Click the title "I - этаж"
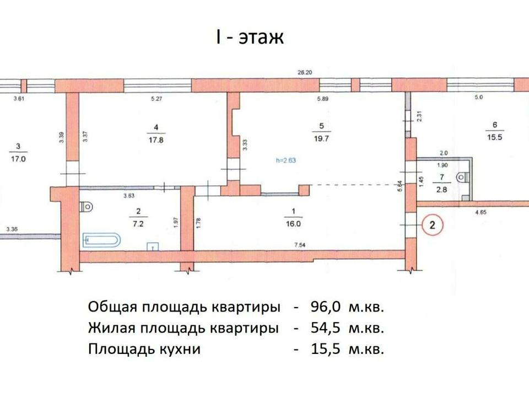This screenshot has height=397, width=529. point(250,37)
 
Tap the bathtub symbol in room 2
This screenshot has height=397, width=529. point(101,239)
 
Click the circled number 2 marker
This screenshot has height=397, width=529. point(432,224)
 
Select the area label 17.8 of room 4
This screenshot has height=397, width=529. point(156,140)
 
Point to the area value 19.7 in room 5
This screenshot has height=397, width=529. point(321,138)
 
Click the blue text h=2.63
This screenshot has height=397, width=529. point(286,160)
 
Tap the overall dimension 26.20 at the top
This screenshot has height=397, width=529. point(305,72)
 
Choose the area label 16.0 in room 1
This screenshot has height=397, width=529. point(293,224)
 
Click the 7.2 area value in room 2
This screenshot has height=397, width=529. point(138,224)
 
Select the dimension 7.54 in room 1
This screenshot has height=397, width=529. point(300,245)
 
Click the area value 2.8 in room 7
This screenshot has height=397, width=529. point(441,190)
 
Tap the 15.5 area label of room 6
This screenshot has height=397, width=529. point(495,137)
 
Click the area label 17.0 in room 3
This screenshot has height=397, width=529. point(18,159)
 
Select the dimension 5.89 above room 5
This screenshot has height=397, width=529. point(322,99)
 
